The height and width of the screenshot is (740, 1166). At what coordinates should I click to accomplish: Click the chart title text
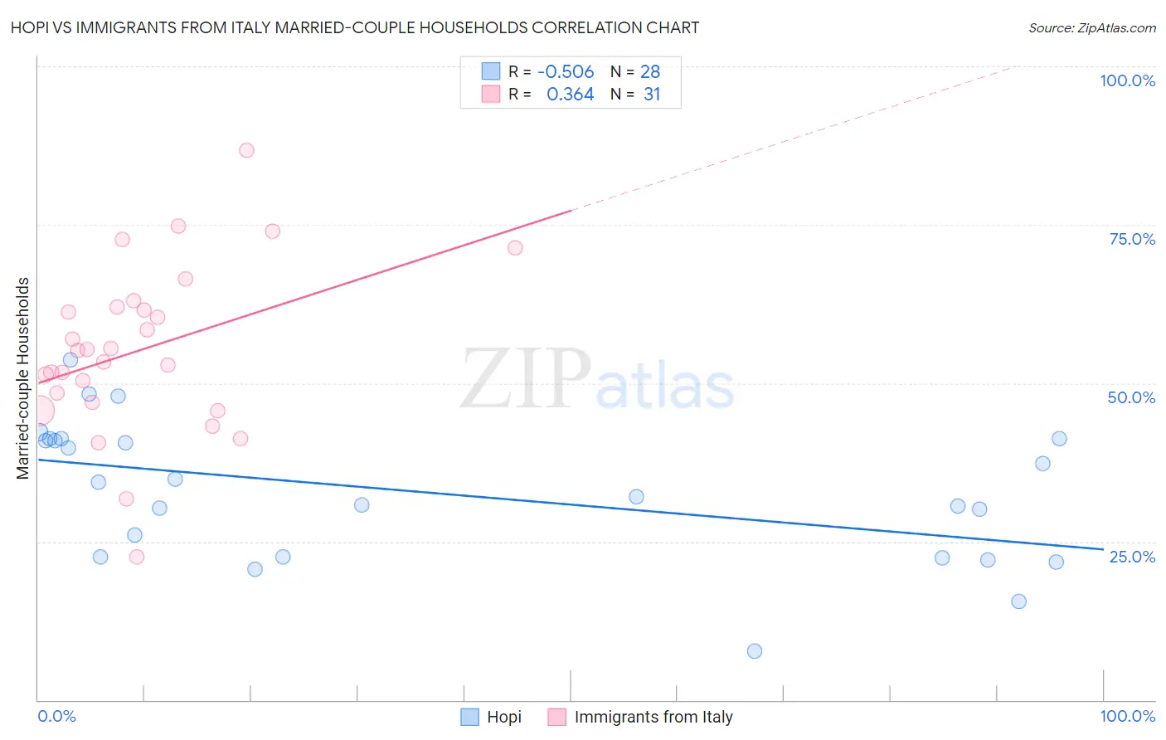(355, 27)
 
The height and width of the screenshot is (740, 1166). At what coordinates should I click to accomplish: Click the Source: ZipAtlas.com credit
(1091, 27)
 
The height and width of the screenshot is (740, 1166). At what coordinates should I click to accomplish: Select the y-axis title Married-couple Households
(23, 378)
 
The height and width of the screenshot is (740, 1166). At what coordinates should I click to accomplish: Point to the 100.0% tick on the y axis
(1127, 80)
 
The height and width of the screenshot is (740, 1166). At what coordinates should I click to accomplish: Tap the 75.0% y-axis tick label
(1132, 239)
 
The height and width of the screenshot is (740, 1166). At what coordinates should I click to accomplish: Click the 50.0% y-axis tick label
(1131, 397)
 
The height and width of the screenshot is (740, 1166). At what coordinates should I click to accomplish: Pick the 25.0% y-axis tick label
(1132, 557)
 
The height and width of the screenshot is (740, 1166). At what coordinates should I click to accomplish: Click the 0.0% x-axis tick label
(56, 716)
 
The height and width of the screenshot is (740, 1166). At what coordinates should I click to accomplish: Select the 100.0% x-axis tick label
(1127, 716)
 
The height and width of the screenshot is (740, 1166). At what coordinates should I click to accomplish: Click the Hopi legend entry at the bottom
(503, 717)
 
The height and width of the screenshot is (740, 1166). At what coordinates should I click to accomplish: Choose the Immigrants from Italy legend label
(653, 717)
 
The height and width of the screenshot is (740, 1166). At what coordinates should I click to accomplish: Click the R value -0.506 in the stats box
(566, 71)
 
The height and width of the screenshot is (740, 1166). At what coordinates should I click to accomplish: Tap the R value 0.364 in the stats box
(570, 95)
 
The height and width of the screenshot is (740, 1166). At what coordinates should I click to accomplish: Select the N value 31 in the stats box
(652, 95)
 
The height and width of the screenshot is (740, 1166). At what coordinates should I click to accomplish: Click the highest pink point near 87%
(246, 150)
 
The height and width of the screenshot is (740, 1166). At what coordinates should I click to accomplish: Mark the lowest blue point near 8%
(754, 651)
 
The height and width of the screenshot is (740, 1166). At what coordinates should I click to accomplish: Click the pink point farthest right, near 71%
(514, 248)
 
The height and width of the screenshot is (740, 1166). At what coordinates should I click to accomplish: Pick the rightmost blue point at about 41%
(1059, 439)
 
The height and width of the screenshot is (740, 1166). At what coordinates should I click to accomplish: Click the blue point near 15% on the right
(1018, 601)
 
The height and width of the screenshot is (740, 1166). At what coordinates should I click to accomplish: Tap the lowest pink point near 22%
(137, 557)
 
